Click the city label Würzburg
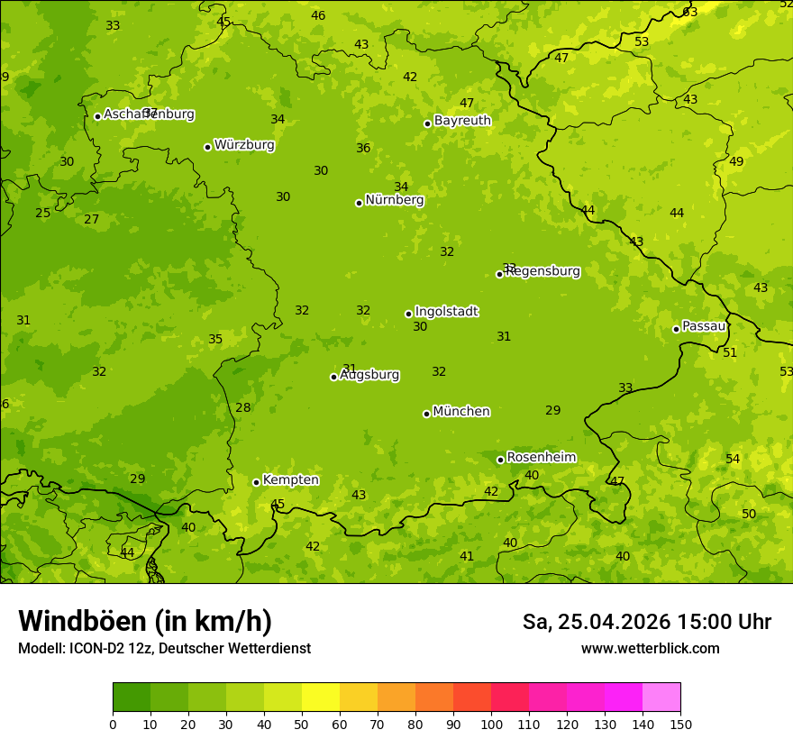(x=244, y=145)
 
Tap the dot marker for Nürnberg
(x=359, y=203)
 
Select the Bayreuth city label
(x=462, y=121)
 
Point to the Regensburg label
(x=542, y=271)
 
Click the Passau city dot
(x=676, y=329)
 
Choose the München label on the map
(x=461, y=412)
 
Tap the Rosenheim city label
(x=541, y=458)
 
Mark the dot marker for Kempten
(x=256, y=482)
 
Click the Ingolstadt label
(x=446, y=312)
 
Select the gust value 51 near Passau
(x=730, y=352)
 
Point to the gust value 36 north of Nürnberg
(x=363, y=149)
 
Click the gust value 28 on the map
(x=243, y=407)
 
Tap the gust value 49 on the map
(x=736, y=162)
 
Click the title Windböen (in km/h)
(x=145, y=621)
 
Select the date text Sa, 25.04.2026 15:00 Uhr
(x=646, y=622)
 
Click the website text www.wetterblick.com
(x=650, y=649)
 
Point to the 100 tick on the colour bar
(x=491, y=724)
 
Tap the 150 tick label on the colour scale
(x=680, y=724)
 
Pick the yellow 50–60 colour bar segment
(x=321, y=697)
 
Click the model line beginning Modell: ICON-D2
(x=164, y=649)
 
